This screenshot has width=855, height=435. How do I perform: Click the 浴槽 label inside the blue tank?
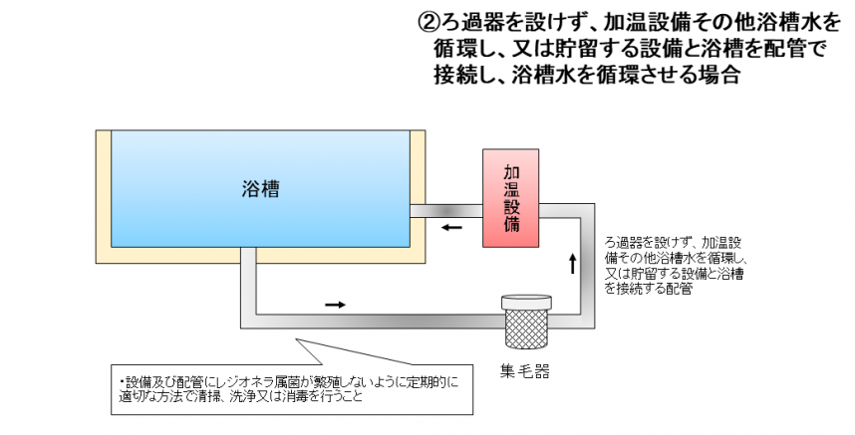[260, 189]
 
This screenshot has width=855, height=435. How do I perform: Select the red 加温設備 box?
[512, 198]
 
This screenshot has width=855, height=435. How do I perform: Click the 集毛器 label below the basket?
[525, 371]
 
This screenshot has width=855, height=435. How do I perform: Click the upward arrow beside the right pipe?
[572, 264]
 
